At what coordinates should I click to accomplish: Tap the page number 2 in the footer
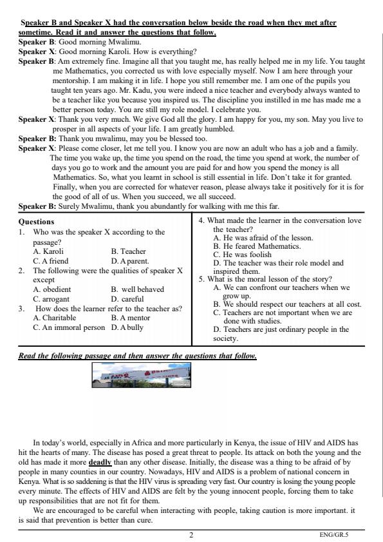(x=191, y=534)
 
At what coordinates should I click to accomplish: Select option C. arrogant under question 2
(x=51, y=299)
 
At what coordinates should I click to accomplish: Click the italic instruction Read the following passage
(x=137, y=356)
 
